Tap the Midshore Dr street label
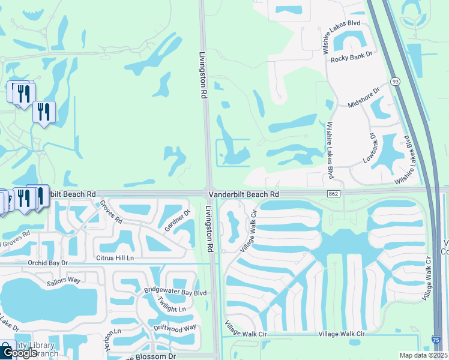(x=364, y=98)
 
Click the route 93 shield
(x=394, y=81)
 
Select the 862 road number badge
(x=334, y=194)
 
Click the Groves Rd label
(x=111, y=212)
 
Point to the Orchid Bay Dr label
(x=48, y=263)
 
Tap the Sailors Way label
(x=65, y=280)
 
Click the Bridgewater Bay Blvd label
(x=175, y=292)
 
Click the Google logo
(x=19, y=353)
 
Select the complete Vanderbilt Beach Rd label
(x=243, y=194)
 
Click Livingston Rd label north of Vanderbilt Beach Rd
(x=203, y=75)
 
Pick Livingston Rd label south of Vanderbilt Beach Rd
(x=210, y=229)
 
